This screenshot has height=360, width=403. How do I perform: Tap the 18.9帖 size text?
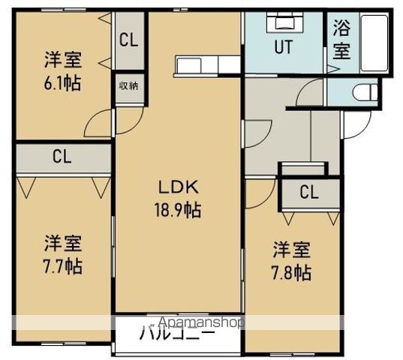pyautogui.click(x=178, y=210)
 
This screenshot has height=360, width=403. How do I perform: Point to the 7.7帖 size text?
pyautogui.click(x=62, y=265)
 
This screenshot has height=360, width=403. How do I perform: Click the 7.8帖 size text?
pyautogui.click(x=291, y=272)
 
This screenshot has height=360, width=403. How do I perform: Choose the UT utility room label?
pyautogui.click(x=282, y=46)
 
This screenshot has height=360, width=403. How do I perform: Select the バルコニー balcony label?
pyautogui.click(x=177, y=334)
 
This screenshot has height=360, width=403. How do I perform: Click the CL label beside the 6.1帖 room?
pyautogui.click(x=128, y=40)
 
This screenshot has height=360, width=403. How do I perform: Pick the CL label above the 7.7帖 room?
pyautogui.click(x=62, y=157)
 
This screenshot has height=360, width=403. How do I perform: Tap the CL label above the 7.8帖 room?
pyautogui.click(x=309, y=192)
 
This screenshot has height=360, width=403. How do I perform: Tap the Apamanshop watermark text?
pyautogui.click(x=197, y=322)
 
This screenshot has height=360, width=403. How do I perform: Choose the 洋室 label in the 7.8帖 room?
pyautogui.click(x=291, y=248)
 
